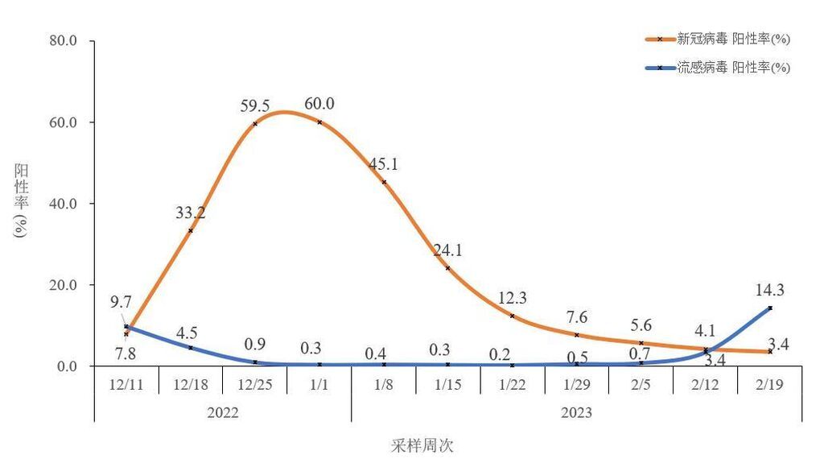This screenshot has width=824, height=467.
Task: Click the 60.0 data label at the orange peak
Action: pyautogui.click(x=319, y=104)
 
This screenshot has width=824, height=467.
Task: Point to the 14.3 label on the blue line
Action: pyautogui.click(x=770, y=290)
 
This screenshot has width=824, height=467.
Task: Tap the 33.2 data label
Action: pyautogui.click(x=190, y=213)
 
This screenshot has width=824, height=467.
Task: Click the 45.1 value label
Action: pyautogui.click(x=383, y=164)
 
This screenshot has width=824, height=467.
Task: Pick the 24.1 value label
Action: pyautogui.click(x=447, y=250)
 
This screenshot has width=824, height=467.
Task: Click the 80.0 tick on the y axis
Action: pyautogui.click(x=68, y=41)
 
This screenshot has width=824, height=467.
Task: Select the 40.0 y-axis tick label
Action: pyautogui.click(x=68, y=204)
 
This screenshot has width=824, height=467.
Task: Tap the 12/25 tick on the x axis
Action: pyautogui.click(x=254, y=384)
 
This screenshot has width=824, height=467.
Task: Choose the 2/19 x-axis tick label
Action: pyautogui.click(x=770, y=384)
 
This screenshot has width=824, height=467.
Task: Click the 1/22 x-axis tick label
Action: pyautogui.click(x=513, y=384)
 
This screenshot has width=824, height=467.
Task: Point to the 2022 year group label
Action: pyautogui.click(x=222, y=412)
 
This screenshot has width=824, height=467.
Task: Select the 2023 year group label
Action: pyautogui.click(x=576, y=412)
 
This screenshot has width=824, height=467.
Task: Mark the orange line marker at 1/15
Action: pyautogui.click(x=447, y=268)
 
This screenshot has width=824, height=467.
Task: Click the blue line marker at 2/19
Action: pyautogui.click(x=770, y=308)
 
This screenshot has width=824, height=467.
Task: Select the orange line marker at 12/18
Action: pyautogui.click(x=190, y=231)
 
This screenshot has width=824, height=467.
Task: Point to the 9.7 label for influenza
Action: pyautogui.click(x=121, y=303)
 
